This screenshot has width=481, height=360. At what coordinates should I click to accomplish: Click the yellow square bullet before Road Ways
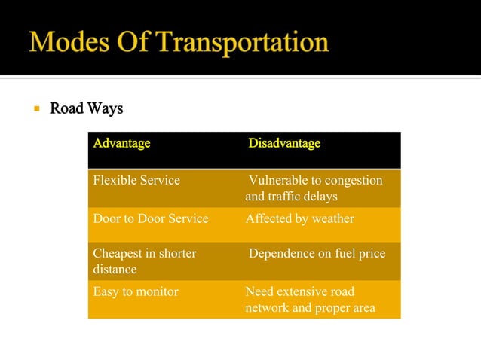click(35, 109)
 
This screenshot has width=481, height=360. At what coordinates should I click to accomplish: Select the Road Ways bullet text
click(86, 109)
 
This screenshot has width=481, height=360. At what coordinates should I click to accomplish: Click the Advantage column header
click(121, 143)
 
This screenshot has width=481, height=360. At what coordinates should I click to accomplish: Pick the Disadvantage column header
click(284, 143)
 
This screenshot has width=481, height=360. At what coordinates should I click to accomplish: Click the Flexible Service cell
click(136, 181)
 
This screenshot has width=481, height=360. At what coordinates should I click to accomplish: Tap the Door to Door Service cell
click(150, 219)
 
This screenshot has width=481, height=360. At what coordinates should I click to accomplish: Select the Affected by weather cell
click(299, 219)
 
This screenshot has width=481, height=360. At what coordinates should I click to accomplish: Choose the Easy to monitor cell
click(136, 291)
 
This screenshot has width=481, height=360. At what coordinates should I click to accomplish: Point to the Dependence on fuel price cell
click(317, 254)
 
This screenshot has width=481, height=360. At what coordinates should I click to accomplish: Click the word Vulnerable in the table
click(278, 181)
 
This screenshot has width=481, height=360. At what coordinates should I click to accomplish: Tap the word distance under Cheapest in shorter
click(115, 270)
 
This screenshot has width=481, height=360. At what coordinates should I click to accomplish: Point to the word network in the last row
click(268, 307)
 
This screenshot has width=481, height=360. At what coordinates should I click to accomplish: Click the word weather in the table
click(333, 219)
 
